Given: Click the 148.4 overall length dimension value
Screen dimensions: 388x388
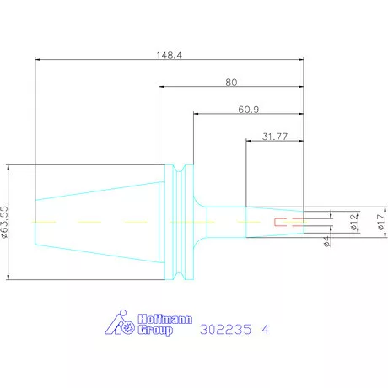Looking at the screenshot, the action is click(x=169, y=55).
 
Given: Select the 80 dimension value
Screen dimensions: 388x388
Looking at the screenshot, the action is click(x=231, y=83).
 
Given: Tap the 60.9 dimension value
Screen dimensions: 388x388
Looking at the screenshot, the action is click(x=249, y=110).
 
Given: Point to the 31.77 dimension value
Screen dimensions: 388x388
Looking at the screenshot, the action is click(x=275, y=137).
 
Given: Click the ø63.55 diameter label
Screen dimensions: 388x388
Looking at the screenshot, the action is click(x=5, y=223).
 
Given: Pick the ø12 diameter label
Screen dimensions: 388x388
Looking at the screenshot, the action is click(x=355, y=221).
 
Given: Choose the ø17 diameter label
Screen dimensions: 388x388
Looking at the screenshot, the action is click(x=381, y=222).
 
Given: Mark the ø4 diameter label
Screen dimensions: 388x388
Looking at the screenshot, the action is click(x=326, y=241).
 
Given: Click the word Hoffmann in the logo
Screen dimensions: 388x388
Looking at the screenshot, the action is click(x=165, y=319).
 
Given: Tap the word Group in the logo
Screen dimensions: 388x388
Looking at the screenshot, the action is click(x=155, y=330).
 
